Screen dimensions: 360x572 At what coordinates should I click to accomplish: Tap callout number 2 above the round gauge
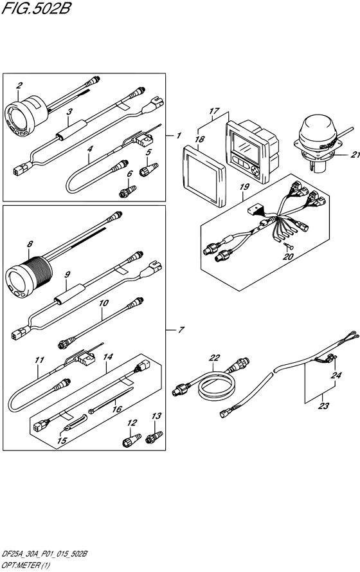point(19,86)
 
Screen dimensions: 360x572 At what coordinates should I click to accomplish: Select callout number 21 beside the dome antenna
point(354,154)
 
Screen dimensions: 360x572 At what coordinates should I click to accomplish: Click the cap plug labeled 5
point(148,169)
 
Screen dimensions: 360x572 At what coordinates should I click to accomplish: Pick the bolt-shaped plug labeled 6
point(127,191)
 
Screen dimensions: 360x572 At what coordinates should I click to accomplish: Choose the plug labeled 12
point(131,440)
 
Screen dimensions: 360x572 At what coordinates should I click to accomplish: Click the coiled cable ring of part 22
point(217,385)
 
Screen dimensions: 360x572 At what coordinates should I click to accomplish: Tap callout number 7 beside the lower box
point(181,330)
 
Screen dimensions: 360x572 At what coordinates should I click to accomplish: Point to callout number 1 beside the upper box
point(179,136)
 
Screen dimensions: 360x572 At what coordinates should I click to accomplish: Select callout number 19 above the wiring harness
point(244,187)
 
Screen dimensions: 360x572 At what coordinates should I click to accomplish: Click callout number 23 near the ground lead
point(323,405)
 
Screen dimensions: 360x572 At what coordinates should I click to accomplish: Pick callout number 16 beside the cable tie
point(116,409)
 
